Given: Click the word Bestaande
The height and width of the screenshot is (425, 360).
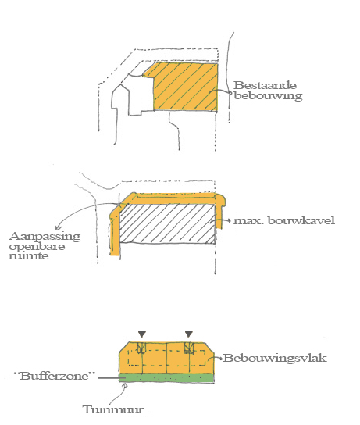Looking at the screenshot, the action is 265,85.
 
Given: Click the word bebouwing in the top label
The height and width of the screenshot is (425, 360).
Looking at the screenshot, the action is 268,95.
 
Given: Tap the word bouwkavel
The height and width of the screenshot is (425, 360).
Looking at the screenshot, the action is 301,220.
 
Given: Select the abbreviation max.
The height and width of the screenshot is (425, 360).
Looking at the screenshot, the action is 248,221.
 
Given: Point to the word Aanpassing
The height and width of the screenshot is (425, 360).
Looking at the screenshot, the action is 45,237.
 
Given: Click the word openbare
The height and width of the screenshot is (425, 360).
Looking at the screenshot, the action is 37,247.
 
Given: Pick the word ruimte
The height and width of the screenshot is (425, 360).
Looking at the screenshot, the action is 29,256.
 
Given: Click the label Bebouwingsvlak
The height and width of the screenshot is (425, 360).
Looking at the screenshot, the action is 275,358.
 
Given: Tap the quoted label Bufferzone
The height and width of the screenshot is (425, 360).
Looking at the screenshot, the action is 55,376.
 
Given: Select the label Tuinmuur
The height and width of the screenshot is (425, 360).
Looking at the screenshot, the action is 112,409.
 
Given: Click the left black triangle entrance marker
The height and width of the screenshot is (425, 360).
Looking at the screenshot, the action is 142,334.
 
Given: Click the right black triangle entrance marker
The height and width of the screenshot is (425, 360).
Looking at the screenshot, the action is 189,334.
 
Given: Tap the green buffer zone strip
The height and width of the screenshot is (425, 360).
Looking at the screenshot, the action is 166,378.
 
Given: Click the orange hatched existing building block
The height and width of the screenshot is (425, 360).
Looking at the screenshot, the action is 186,86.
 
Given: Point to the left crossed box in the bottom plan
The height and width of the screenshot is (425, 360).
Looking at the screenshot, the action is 141,348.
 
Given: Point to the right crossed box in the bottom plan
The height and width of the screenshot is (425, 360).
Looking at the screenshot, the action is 189,348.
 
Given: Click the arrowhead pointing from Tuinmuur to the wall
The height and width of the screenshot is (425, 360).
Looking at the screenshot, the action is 125,385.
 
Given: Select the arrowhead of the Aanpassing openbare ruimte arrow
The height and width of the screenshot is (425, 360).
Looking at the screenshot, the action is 58,227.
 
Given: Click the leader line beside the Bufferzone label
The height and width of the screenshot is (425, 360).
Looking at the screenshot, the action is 109,377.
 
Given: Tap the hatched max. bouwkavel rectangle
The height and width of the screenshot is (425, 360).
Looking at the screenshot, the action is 167,223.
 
